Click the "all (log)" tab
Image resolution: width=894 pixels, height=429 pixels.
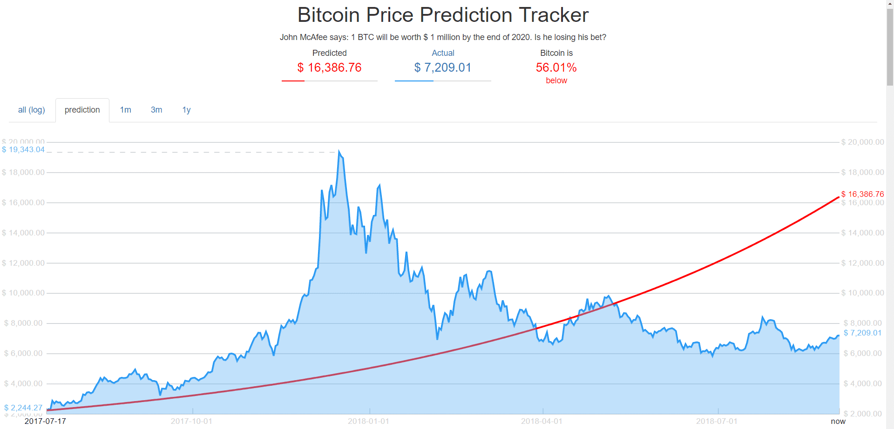[x=31, y=110]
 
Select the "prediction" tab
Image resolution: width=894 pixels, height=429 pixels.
[x=82, y=110]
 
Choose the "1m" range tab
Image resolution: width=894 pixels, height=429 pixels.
[x=125, y=110]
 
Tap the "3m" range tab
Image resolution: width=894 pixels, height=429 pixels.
[x=156, y=110]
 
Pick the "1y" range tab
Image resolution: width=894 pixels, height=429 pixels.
[x=186, y=110]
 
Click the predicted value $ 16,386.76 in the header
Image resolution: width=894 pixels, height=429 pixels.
[x=329, y=68]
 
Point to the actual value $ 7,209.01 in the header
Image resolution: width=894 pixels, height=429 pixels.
[x=443, y=68]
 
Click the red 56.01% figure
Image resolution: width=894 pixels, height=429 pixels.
[x=556, y=68]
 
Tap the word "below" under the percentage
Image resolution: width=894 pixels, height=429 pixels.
[x=556, y=80]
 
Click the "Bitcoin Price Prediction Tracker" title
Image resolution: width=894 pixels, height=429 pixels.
[x=443, y=15]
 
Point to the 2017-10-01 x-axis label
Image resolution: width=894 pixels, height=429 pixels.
[x=191, y=421]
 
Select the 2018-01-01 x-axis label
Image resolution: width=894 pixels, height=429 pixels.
[x=368, y=421]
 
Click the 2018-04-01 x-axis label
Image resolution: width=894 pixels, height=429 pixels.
[x=542, y=421]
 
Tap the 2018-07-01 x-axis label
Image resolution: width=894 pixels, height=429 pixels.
[x=717, y=421]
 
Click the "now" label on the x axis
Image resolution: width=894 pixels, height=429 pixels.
[x=838, y=421]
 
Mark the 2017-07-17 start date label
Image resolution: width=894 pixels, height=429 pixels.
[x=45, y=421]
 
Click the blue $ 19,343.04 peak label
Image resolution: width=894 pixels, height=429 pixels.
[x=23, y=149]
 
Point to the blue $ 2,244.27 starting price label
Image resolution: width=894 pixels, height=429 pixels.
[x=23, y=408]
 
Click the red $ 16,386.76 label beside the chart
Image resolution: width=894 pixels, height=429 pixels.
[x=862, y=194]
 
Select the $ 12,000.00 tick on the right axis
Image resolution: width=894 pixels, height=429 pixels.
[x=862, y=263]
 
